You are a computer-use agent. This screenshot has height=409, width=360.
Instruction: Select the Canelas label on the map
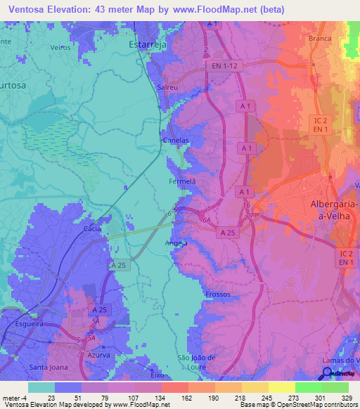(176, 141)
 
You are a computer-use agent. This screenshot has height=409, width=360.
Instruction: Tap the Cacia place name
(91, 228)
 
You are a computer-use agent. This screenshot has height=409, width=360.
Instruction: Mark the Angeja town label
(176, 243)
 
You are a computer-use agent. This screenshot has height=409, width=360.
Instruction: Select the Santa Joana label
(48, 367)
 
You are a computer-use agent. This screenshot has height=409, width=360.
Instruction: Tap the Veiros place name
(61, 47)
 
